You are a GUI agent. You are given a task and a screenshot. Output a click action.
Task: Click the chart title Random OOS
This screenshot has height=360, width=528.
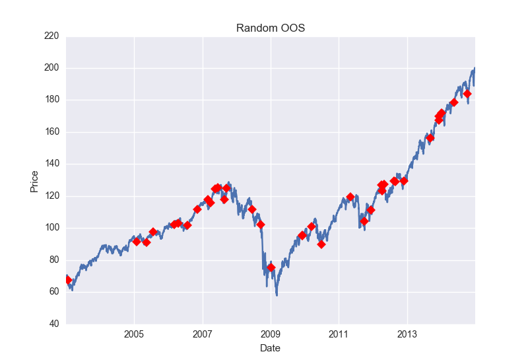click(x=271, y=28)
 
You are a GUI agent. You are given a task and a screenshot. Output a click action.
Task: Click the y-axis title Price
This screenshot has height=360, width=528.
click(x=34, y=182)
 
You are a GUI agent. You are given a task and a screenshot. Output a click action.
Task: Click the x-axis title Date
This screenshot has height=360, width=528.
click(x=270, y=348)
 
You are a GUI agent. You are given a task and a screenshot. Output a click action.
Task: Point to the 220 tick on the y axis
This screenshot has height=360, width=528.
click(x=51, y=36)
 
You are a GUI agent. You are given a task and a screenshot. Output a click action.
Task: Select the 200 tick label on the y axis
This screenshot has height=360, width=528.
click(x=51, y=68)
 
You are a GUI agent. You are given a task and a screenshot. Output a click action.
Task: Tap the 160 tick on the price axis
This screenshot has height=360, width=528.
click(x=51, y=132)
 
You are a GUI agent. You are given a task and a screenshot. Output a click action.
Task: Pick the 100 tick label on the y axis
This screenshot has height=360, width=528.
click(x=51, y=227)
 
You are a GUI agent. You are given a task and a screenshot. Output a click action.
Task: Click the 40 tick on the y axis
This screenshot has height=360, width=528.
click(x=54, y=324)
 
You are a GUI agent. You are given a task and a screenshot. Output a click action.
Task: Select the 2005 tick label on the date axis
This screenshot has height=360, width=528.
click(x=134, y=334)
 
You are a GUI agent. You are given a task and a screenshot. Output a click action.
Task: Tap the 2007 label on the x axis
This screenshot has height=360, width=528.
click(x=203, y=334)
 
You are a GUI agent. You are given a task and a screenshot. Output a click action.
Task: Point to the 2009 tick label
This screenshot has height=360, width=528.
click(x=271, y=334)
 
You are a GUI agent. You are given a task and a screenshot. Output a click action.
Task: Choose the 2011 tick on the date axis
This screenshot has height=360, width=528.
click(x=339, y=334)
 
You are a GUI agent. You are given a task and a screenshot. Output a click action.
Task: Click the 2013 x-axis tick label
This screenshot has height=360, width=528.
click(x=407, y=334)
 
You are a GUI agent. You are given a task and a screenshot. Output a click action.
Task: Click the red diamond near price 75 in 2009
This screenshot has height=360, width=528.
click(x=271, y=268)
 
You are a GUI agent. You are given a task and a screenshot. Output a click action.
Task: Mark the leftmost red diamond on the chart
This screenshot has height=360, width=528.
click(x=68, y=280)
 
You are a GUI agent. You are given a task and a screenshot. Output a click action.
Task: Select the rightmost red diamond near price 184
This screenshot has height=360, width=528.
click(x=467, y=94)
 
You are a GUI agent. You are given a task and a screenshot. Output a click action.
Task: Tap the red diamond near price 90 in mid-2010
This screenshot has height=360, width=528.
click(x=321, y=244)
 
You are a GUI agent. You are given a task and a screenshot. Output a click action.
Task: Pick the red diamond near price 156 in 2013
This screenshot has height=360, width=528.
click(x=430, y=138)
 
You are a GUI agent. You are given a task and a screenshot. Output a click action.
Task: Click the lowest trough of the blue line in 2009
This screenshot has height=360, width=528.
click(x=277, y=295)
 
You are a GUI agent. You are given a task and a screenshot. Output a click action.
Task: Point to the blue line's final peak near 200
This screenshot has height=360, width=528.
click(x=475, y=68)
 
